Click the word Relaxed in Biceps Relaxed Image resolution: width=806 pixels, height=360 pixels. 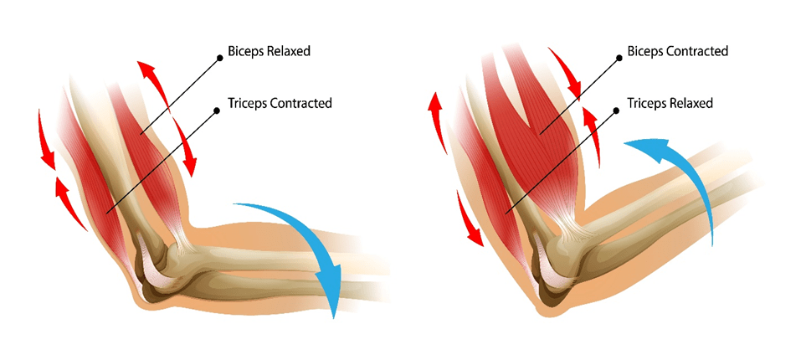click(x=288, y=52)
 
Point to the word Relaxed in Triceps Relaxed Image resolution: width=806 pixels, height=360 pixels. click(x=690, y=104)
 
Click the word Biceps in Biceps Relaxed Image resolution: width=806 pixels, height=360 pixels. click(x=246, y=52)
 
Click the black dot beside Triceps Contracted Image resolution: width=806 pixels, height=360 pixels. click(x=220, y=105)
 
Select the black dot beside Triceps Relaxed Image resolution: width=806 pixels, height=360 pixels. click(x=620, y=105)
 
